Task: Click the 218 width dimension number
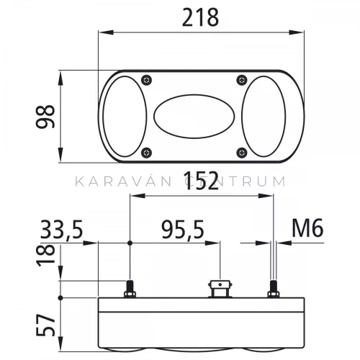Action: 200,17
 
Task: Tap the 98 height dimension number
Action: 45,117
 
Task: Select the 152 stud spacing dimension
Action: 202,181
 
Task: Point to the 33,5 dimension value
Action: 61,230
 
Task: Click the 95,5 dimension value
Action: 183,230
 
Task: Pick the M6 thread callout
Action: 307,228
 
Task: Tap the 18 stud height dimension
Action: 45,255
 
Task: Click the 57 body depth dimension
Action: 45,325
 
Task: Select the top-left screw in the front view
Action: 146,80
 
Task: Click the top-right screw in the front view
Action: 242,80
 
